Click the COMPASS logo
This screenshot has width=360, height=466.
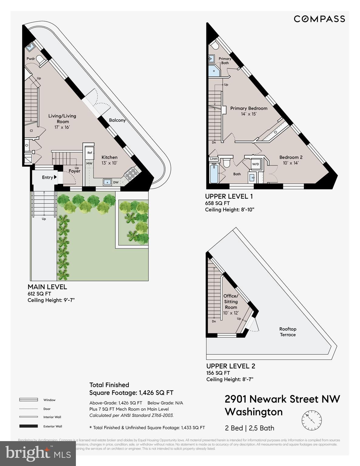click(x=319, y=19)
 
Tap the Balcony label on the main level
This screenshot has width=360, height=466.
click(x=117, y=120)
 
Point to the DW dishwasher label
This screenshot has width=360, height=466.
click(x=116, y=182)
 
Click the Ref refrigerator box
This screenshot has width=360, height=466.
click(x=90, y=153)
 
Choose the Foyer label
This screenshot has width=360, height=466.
click(x=74, y=171)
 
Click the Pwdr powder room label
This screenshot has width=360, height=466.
click(x=31, y=59)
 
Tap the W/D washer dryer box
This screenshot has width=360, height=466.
click(x=256, y=164)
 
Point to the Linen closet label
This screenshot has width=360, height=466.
click(x=214, y=159)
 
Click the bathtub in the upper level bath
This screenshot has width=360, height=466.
click(x=214, y=174)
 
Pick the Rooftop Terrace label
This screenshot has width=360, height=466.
click(x=287, y=332)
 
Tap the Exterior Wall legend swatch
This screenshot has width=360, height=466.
click(x=29, y=426)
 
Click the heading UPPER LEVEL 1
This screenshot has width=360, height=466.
click(x=229, y=196)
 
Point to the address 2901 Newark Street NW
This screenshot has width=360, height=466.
click(x=282, y=399)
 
